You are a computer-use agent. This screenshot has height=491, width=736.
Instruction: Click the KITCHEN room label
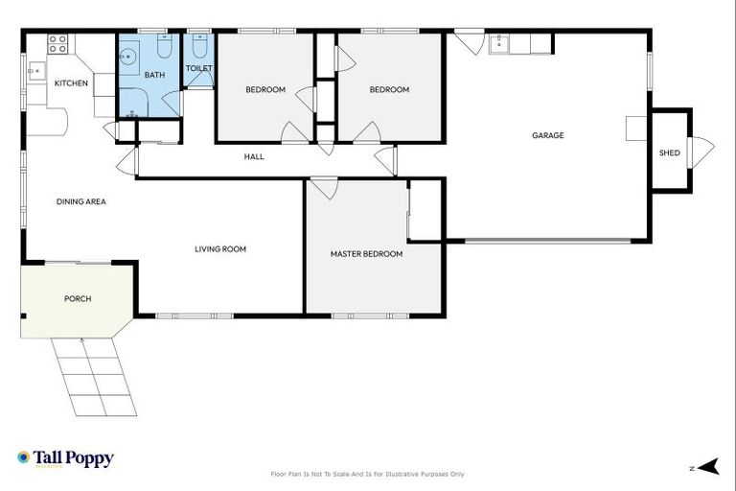(x=71, y=83)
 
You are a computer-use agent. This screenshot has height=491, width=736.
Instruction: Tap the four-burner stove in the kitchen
(x=57, y=43)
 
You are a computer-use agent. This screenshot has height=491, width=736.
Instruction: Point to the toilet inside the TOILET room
(x=198, y=47)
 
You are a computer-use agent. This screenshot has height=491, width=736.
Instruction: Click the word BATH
(x=153, y=75)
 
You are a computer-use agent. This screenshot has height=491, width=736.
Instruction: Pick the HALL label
(x=254, y=156)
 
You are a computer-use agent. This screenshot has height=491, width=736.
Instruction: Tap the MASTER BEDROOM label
(x=366, y=254)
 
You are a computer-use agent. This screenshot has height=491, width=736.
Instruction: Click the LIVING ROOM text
(x=220, y=249)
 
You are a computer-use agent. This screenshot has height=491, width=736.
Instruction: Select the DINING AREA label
(x=80, y=201)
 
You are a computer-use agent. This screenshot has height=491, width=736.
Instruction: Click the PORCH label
(x=78, y=298)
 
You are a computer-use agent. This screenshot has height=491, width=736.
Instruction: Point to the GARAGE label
(x=547, y=135)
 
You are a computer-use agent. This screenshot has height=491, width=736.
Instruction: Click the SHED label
(x=669, y=152)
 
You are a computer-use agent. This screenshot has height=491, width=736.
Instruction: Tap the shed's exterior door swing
(x=702, y=150)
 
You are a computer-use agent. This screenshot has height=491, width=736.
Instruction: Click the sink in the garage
(x=498, y=43)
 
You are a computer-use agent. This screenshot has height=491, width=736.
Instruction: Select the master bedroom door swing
(x=323, y=188)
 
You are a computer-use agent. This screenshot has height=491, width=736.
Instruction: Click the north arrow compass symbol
(x=707, y=467)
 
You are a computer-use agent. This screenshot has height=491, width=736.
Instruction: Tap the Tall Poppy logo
(x=65, y=458)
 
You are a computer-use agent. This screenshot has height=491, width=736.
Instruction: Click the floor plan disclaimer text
(x=368, y=474)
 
